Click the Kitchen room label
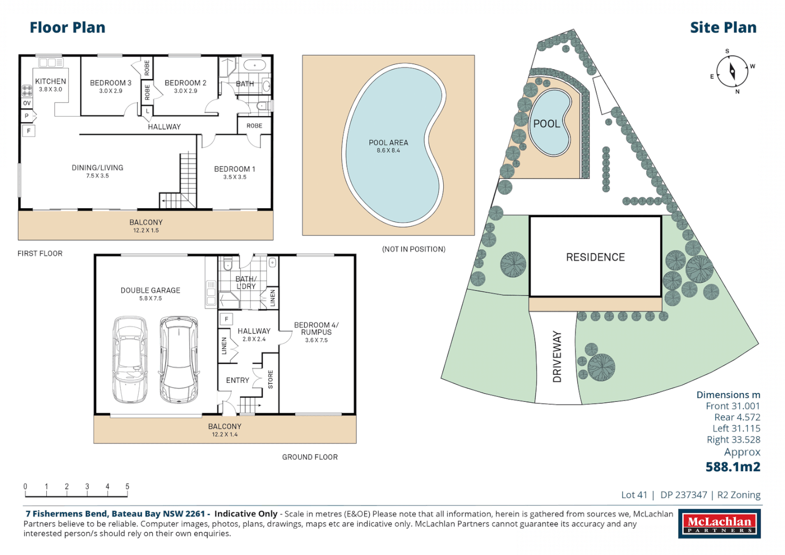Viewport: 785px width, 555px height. pos(50,81)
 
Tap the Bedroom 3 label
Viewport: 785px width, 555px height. pos(111,83)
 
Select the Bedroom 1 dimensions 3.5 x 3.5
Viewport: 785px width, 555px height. pos(234,177)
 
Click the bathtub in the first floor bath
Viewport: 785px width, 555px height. pos(254,65)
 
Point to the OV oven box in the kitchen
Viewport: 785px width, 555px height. pos(27,103)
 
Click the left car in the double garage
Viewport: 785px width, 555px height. pos(130,359)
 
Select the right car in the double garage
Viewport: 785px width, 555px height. pos(178,359)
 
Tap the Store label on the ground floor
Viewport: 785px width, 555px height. pos(270,379)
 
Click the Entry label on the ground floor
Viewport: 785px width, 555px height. pos(238,380)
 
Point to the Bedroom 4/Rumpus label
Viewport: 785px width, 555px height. pos(316,328)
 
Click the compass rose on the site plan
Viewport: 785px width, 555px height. pos(732,71)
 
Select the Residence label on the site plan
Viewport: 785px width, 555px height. pos(595,257)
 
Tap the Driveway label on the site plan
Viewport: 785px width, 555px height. pos(557,357)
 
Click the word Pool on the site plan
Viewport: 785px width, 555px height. pos(546,124)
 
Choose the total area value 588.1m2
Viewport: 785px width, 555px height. pos(733,467)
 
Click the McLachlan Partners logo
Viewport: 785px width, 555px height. pos(719,524)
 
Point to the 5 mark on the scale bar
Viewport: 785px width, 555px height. pos(127,487)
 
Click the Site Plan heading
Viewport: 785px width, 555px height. pos(723,28)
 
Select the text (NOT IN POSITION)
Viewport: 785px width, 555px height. pos(413,249)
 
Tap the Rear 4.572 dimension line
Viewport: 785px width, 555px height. pos(737,417)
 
